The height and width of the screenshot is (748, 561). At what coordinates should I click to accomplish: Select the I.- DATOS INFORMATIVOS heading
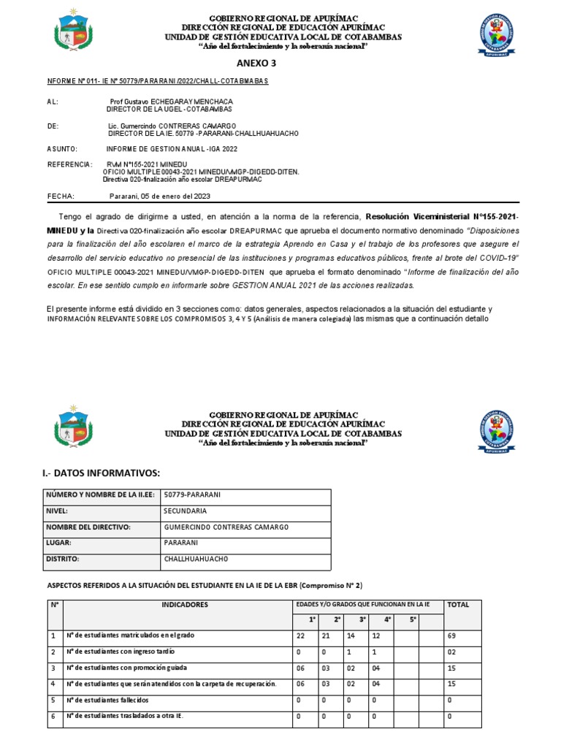[x=101, y=473]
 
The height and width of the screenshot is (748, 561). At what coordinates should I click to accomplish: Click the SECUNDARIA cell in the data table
[x=186, y=511]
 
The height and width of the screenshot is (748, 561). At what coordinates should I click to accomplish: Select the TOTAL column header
[x=458, y=605]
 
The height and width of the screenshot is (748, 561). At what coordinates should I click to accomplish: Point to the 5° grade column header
[x=412, y=620]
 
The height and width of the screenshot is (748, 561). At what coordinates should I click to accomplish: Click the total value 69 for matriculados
[x=453, y=636]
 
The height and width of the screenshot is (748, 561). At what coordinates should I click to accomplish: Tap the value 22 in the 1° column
[x=300, y=636]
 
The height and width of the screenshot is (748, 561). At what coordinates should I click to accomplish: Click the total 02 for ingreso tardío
[x=453, y=652]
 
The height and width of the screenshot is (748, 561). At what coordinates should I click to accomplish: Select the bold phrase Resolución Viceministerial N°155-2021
[x=438, y=218]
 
